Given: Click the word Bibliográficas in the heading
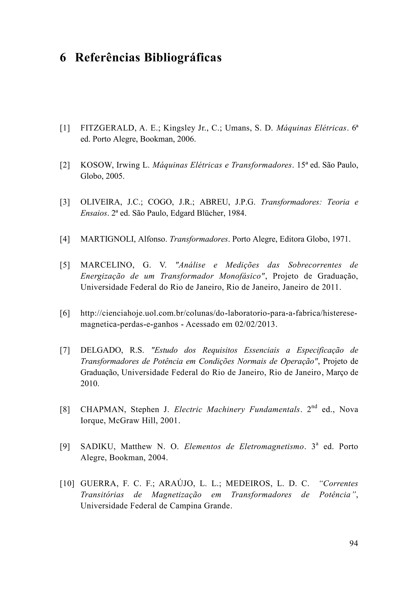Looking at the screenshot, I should click(183, 58).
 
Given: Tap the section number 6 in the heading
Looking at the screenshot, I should click(63, 58).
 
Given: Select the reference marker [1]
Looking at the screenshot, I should click(65, 128).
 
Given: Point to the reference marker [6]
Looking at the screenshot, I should click(65, 313).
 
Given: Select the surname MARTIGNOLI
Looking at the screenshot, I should click(108, 239).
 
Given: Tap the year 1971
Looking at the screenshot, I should click(341, 239).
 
